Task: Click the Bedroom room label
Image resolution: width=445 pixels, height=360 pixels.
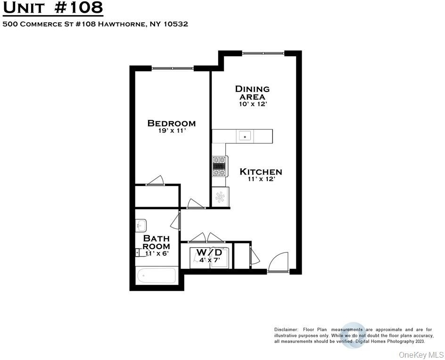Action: coord(172,123)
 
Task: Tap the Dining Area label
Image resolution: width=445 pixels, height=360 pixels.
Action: coord(252,93)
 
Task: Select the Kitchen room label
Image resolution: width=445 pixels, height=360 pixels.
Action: coord(261,172)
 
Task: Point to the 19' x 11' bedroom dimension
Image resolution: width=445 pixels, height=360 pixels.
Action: coord(172,131)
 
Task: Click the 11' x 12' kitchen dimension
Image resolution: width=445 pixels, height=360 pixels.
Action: coord(261,179)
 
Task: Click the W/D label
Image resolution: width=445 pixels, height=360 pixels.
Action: coord(209,252)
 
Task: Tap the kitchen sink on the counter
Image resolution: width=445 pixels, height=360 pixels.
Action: coord(245,136)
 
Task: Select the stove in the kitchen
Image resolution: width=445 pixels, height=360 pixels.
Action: coord(220,166)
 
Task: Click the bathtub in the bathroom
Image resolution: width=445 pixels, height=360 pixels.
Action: coord(156,276)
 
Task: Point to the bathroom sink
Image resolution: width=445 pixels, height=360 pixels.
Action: coord(141,226)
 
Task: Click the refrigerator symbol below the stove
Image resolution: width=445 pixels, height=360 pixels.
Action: coord(220,197)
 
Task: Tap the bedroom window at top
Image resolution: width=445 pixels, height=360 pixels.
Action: coord(173,68)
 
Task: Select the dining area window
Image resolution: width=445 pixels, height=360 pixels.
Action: coord(263,53)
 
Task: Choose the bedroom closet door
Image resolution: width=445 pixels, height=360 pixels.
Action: coord(155,181)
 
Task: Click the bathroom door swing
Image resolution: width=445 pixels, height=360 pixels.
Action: coord(176,221)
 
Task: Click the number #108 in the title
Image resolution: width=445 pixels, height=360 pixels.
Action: coord(78,8)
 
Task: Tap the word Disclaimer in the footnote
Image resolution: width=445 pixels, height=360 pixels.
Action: coord(286,330)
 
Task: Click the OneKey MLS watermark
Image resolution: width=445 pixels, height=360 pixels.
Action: coord(421,355)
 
